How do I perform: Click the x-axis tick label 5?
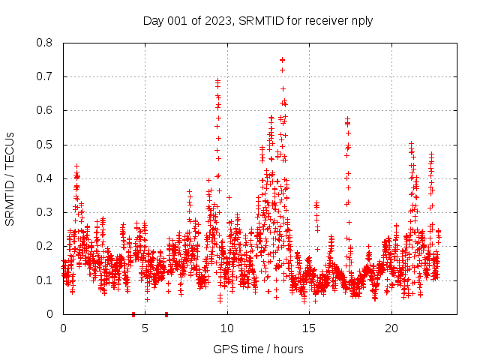[x=145, y=328]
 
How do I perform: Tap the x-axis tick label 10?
[x=227, y=328]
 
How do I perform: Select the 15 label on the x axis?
[x=309, y=328]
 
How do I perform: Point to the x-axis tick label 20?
[x=391, y=328]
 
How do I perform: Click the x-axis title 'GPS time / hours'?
[x=258, y=349]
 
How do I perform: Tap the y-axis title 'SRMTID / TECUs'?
[x=10, y=178]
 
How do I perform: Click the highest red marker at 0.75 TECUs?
[x=282, y=59]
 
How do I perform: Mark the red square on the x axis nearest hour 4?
[x=133, y=313]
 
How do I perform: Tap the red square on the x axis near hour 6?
[x=166, y=313]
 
